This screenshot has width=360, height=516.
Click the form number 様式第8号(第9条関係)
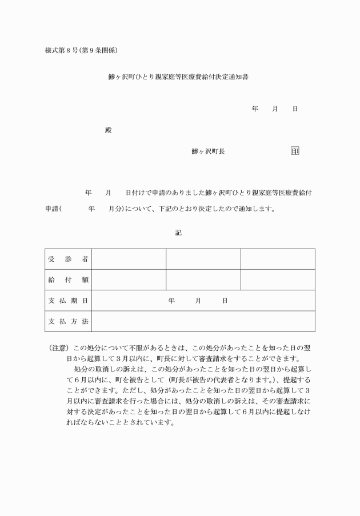point(81,51)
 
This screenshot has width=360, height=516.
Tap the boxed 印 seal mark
point(295,151)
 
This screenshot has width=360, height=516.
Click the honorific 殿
point(109,130)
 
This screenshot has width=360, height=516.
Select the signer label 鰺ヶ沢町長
point(208,151)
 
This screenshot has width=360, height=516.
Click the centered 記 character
point(178,233)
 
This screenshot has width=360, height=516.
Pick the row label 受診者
point(68,259)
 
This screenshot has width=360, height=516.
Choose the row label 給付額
point(68,280)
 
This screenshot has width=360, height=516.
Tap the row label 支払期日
point(68,301)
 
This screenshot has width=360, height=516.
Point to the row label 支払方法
point(68,321)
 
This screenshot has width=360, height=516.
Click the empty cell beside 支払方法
point(203,321)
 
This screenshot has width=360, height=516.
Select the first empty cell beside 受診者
point(129,259)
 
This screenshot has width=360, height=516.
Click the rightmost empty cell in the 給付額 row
point(278,280)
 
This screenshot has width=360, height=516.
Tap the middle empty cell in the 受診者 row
point(203,259)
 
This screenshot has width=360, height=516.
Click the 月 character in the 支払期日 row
point(198,301)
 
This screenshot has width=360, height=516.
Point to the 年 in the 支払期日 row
point(171,301)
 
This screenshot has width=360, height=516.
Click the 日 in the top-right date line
point(295,109)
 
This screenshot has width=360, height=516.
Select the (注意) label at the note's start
point(59,347)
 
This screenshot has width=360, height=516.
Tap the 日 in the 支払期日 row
point(225,301)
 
